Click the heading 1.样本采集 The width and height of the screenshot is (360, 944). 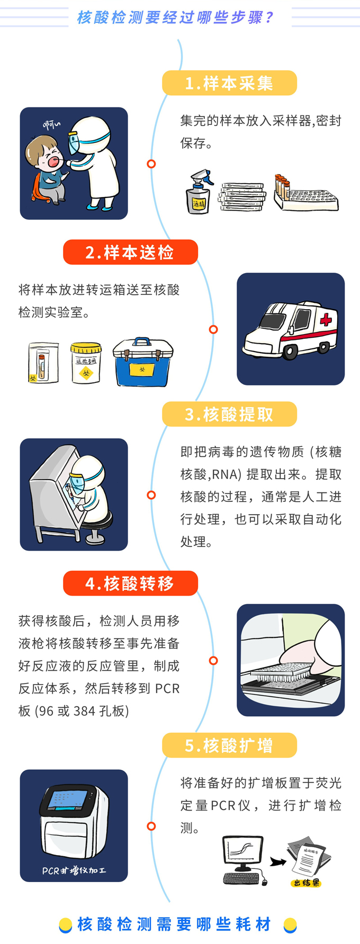[229, 83]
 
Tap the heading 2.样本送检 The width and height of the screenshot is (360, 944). [130, 252]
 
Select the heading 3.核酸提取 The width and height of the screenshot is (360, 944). [229, 414]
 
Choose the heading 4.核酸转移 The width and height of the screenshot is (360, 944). [130, 583]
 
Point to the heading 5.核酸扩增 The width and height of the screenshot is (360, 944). [229, 745]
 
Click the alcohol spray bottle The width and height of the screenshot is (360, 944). [199, 192]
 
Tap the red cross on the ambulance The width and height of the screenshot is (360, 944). [326, 320]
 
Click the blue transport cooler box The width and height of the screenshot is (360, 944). [143, 362]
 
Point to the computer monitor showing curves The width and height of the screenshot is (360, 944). [243, 853]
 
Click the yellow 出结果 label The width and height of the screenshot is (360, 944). [306, 883]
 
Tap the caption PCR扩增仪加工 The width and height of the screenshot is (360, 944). [74, 870]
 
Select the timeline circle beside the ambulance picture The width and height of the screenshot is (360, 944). [213, 329]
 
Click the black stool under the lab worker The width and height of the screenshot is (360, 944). [97, 524]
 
